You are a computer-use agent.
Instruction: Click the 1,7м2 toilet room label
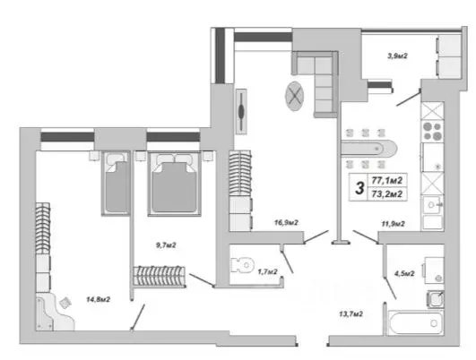267,270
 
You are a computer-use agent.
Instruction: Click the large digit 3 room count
359,187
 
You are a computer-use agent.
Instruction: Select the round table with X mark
295,94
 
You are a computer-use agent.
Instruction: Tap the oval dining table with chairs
368,147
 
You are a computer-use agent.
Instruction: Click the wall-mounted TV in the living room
242,112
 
